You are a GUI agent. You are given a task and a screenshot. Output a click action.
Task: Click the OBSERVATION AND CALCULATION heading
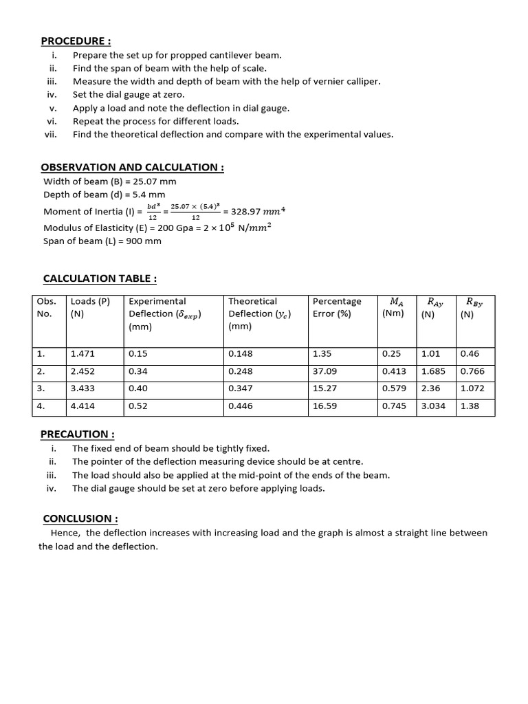point(132,167)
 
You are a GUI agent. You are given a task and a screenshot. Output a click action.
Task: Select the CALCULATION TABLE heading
point(100,278)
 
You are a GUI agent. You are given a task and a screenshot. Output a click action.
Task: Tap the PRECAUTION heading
point(78,434)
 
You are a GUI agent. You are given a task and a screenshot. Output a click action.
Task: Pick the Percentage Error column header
point(337,307)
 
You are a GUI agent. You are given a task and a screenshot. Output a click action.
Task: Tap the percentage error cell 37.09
point(325,371)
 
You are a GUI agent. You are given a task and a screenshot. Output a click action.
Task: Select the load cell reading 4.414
point(82,406)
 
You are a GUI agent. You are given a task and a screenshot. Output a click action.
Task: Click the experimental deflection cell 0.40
point(138,388)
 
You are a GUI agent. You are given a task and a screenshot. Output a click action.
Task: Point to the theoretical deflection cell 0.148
point(240,354)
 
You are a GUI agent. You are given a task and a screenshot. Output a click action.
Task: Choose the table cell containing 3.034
point(433,406)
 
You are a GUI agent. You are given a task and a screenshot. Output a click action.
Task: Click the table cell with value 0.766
point(472,371)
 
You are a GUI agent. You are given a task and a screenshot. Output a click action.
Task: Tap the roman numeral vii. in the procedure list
point(50,134)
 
